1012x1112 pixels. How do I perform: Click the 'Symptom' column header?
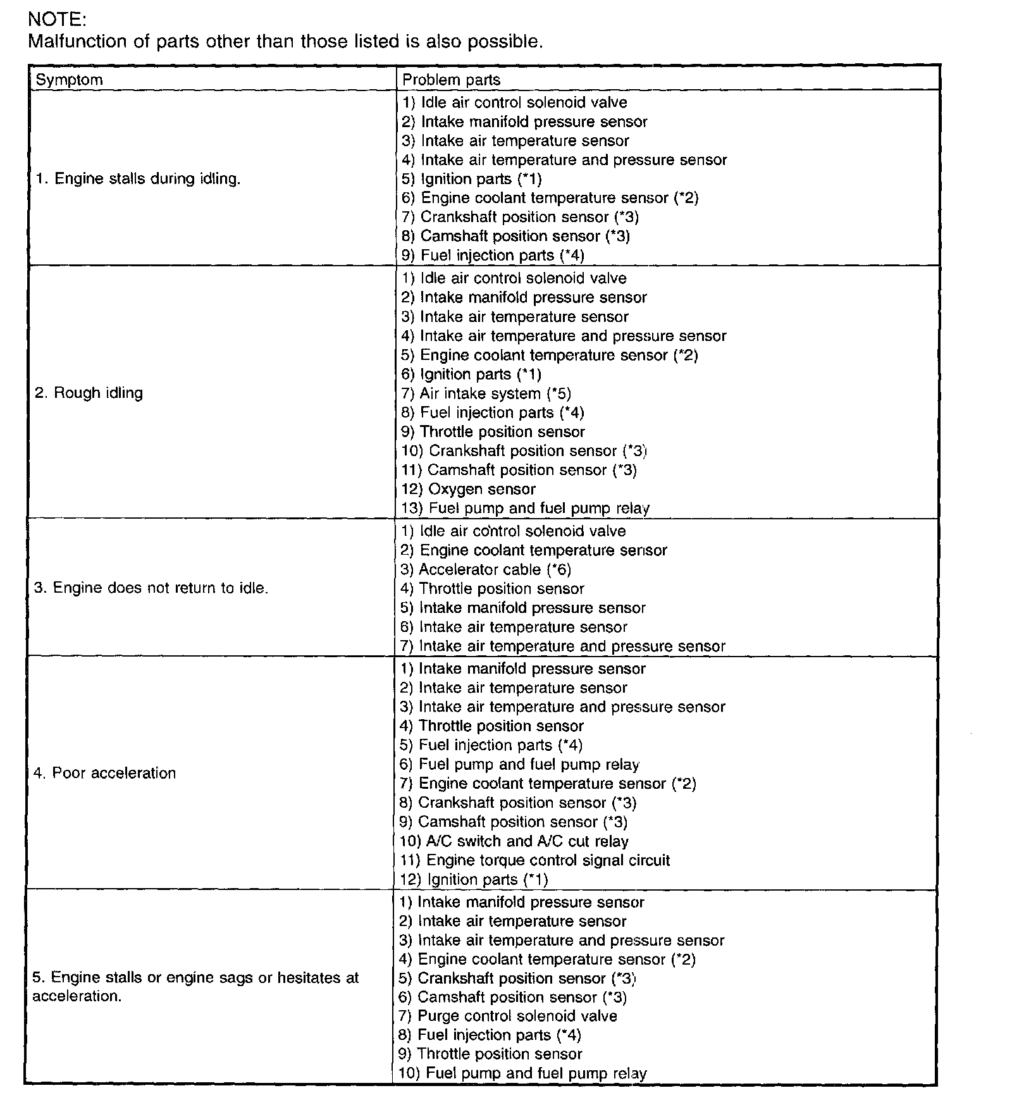[69, 80]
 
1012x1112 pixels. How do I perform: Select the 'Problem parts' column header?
[451, 80]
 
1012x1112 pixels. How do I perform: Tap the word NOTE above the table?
[57, 20]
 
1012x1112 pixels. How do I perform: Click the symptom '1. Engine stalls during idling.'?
[138, 178]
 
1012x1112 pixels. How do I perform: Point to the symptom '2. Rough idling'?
[89, 393]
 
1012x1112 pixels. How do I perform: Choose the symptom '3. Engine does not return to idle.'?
[151, 588]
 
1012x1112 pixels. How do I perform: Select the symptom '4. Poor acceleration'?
[104, 773]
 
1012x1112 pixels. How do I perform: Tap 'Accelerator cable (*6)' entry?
[486, 569]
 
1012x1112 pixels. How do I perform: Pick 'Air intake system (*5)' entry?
[486, 393]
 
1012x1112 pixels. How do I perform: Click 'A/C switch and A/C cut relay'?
[514, 841]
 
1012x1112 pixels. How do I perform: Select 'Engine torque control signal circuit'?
[535, 860]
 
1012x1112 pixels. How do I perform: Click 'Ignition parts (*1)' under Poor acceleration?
[474, 879]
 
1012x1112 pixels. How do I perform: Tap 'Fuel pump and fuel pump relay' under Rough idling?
[526, 508]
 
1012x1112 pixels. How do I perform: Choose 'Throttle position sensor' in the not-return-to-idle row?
[492, 589]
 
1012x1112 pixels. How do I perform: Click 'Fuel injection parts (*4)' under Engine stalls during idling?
[493, 255]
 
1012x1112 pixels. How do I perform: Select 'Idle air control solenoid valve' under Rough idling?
[514, 278]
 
